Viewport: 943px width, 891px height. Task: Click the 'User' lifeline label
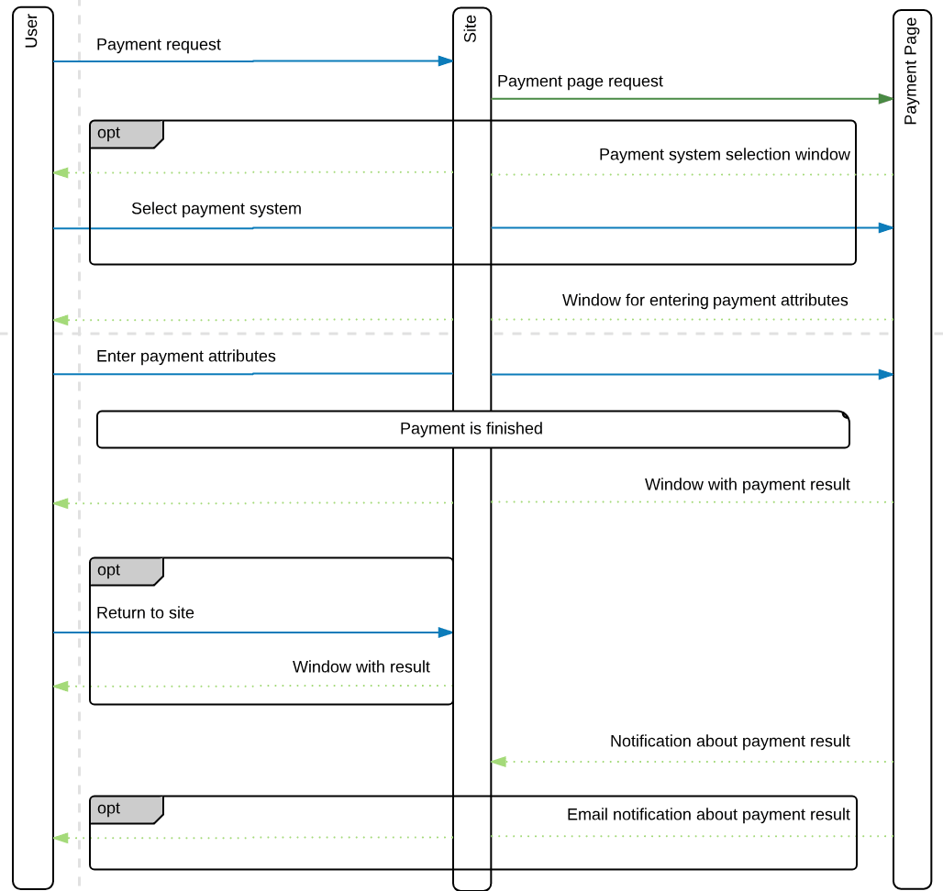32,30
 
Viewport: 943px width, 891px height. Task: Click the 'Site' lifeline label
471,28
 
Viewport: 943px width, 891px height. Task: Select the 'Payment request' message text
159,45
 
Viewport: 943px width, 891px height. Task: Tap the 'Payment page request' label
580,82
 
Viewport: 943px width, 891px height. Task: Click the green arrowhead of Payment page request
885,99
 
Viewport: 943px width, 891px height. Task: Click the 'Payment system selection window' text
724,155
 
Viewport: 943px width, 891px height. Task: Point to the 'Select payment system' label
216,209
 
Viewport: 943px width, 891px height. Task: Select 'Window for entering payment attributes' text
704,301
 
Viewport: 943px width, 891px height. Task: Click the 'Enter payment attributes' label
185,357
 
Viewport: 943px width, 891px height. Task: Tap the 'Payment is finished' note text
471,429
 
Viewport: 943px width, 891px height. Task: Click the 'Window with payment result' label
747,485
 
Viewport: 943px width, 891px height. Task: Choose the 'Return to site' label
145,613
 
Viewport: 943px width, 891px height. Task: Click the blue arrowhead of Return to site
446,632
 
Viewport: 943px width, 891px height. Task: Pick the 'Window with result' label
361,667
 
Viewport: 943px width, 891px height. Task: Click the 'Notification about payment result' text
729,742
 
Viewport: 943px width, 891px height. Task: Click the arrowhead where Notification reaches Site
498,762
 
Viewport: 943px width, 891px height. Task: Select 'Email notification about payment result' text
707,815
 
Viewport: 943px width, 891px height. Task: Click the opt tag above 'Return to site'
109,570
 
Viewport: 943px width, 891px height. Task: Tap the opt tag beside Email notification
109,808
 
